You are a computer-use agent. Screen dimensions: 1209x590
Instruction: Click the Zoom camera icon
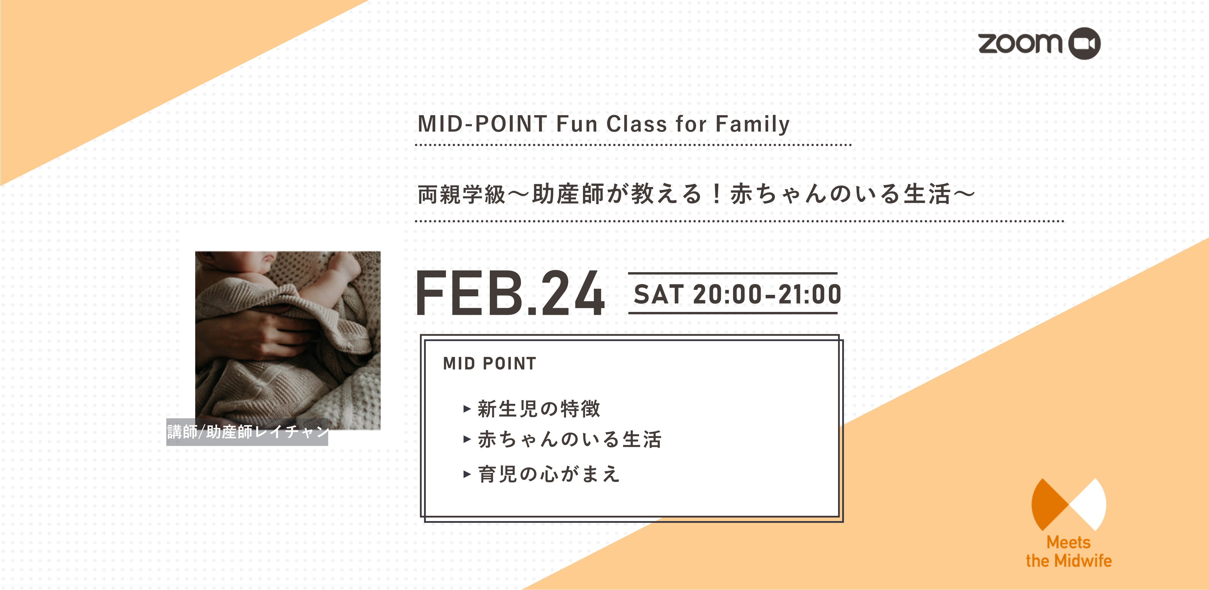click(1084, 44)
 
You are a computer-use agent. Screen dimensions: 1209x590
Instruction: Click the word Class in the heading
click(636, 124)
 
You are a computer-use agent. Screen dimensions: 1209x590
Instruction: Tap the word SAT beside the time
click(658, 295)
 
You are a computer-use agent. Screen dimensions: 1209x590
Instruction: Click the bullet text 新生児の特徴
click(539, 409)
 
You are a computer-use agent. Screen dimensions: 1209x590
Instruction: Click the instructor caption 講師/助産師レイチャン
click(247, 432)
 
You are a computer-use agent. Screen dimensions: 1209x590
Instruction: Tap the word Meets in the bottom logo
click(1069, 543)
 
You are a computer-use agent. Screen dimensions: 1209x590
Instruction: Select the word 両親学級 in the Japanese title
click(461, 194)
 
